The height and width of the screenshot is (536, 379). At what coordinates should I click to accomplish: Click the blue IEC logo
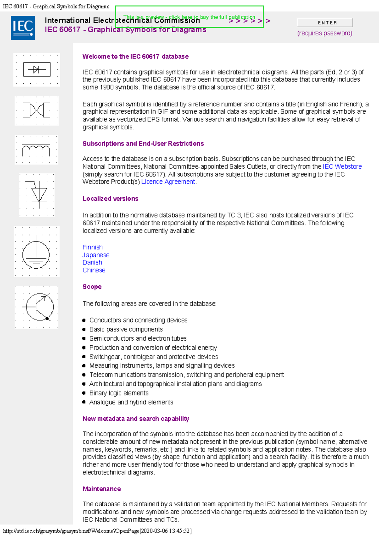pos(23,28)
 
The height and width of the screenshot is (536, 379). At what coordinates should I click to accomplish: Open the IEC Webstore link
pos(342,166)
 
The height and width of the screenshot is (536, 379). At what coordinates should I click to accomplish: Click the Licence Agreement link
pos(168,182)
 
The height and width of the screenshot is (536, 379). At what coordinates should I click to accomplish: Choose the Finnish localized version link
pos(93,247)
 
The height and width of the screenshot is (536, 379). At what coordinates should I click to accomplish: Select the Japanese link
pos(96,255)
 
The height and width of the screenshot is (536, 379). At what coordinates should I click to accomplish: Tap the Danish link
pos(92,262)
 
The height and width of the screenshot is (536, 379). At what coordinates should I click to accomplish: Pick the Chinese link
pos(94,270)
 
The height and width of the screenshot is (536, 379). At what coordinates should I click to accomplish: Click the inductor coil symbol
pos(36,150)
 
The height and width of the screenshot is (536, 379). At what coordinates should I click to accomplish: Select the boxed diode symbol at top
pos(37,69)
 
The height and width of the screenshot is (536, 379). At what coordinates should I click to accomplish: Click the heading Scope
pos(92,287)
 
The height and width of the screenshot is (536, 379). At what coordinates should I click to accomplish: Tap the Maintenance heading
pos(102,489)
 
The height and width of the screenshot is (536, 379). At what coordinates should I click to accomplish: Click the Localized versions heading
pos(110,199)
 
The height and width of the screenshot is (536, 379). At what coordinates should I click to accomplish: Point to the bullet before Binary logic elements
pos(84,393)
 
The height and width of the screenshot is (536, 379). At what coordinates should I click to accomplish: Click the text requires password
pos(325,33)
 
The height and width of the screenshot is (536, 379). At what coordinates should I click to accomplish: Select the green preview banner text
pos(189,17)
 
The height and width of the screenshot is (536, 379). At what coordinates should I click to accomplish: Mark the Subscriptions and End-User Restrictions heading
pos(143,144)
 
